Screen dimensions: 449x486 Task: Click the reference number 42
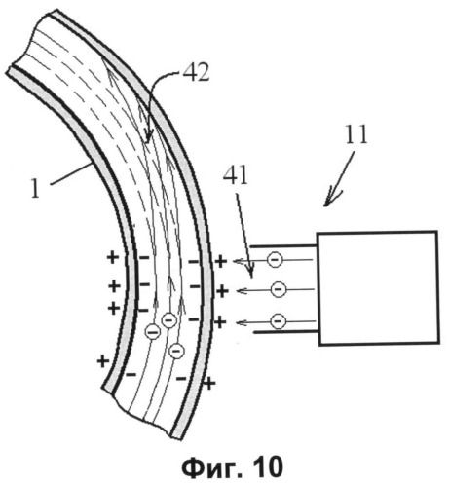point(196,73)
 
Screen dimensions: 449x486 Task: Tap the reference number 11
point(355,134)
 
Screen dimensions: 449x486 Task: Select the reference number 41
point(236,176)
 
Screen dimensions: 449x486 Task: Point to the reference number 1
point(35,189)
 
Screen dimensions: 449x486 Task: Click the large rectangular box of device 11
point(378,288)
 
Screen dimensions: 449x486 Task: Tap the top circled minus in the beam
point(275,260)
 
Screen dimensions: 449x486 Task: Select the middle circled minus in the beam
point(279,289)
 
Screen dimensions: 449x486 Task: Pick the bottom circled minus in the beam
point(279,321)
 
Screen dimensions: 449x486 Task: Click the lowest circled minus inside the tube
point(176,351)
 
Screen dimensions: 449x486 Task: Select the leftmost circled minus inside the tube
point(153,332)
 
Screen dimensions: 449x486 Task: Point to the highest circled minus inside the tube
point(168,320)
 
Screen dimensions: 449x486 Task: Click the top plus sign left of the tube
point(113,258)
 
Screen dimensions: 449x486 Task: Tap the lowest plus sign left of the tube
point(103,361)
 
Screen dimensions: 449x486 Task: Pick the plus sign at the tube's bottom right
point(209,384)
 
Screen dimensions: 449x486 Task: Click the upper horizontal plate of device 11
point(283,246)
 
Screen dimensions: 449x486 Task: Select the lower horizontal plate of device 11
point(286,332)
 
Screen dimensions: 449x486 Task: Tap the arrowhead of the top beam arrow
point(239,260)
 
